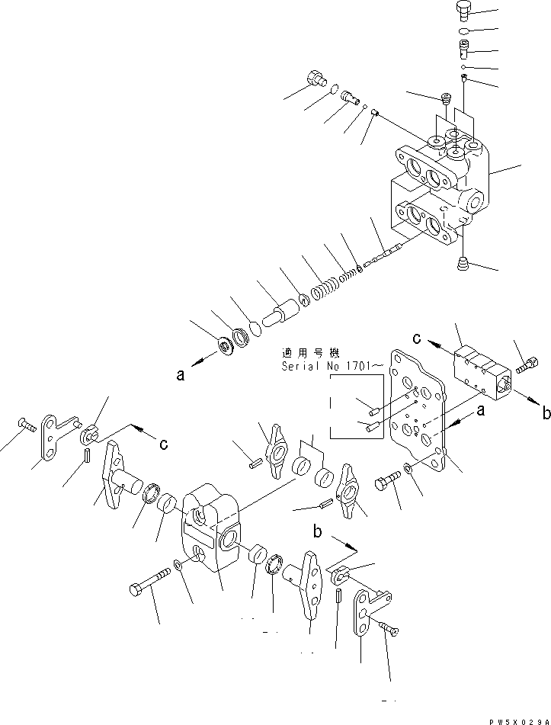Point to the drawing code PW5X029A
520,719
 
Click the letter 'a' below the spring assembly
180,375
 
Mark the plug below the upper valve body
462,263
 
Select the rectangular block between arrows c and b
479,372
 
